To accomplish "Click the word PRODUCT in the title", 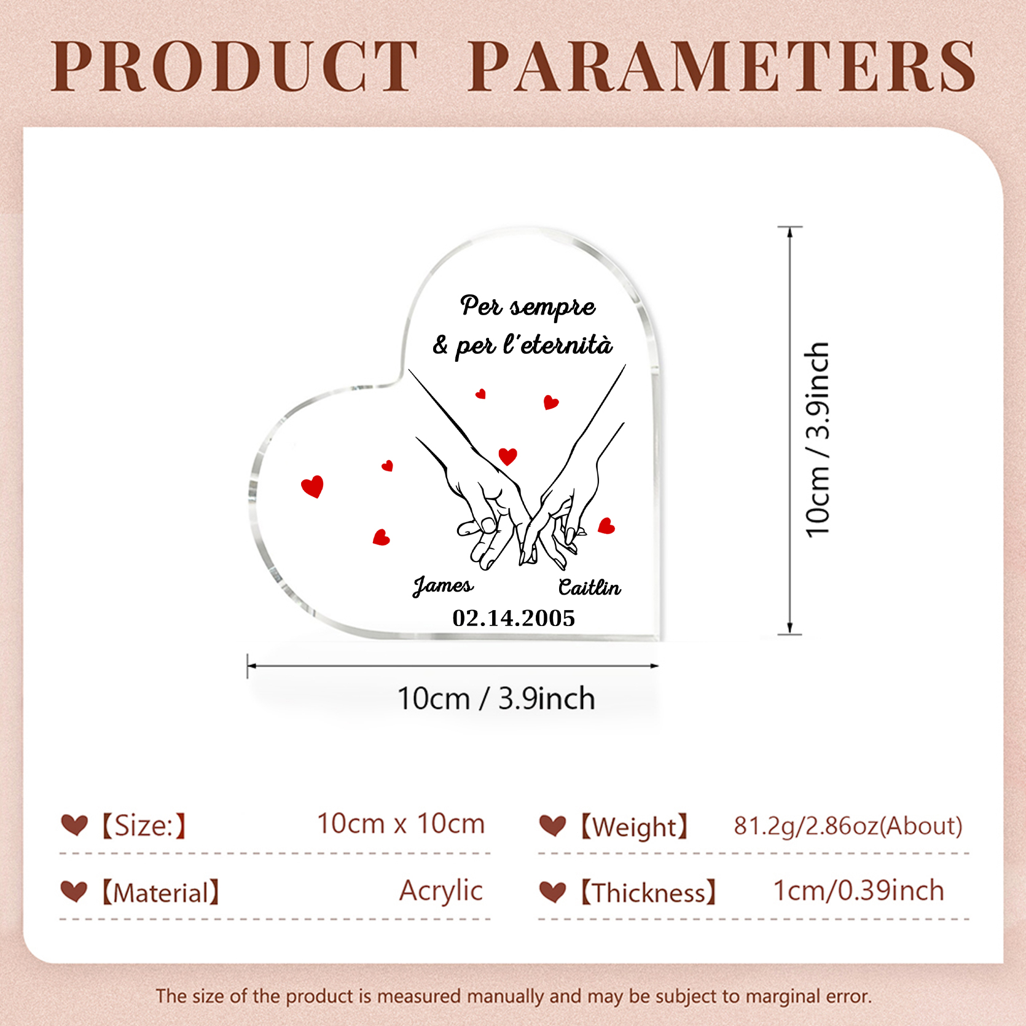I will (234, 66).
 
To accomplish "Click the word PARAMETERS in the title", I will (722, 66).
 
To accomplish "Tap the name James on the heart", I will (443, 585).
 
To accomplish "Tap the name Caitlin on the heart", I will (589, 588).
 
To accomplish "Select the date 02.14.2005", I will (514, 618).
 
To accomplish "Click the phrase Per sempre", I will (528, 306).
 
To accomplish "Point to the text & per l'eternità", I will (523, 345).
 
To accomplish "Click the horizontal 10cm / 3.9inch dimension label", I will (496, 699).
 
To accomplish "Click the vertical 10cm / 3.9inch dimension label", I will (818, 440).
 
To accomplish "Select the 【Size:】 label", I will (143, 825).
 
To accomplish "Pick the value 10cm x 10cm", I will (401, 824).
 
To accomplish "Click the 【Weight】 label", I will (634, 826).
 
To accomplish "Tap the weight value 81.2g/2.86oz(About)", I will (848, 826).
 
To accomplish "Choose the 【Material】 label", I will (160, 893).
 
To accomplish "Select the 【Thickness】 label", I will (649, 893).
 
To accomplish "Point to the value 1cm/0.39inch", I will (858, 891).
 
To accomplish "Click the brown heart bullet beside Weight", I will (552, 826).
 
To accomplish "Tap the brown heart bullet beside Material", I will (74, 891).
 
